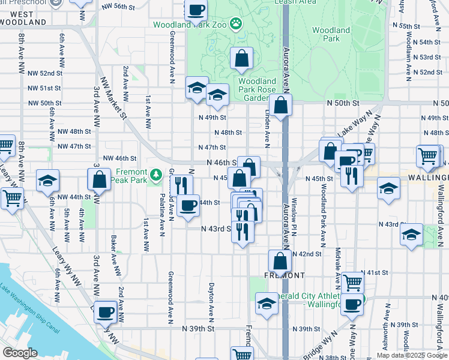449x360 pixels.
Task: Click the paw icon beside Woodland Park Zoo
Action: point(238,25)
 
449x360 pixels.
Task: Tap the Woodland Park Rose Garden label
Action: point(257,89)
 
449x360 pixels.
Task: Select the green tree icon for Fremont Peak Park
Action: point(156,175)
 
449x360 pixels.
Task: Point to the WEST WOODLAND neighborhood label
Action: point(23,17)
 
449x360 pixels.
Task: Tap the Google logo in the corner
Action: point(20,353)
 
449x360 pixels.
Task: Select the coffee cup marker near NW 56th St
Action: point(196,10)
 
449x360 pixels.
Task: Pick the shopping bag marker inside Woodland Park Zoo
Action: point(241,59)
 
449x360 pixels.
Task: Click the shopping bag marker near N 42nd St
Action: point(280,261)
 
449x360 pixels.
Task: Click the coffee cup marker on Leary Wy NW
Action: point(106,311)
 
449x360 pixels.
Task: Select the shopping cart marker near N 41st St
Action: point(353,280)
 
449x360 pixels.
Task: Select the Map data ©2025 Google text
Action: point(412,355)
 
